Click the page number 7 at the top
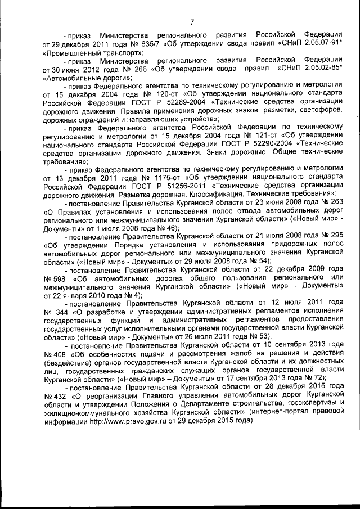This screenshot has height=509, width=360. pyautogui.click(x=192, y=22)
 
